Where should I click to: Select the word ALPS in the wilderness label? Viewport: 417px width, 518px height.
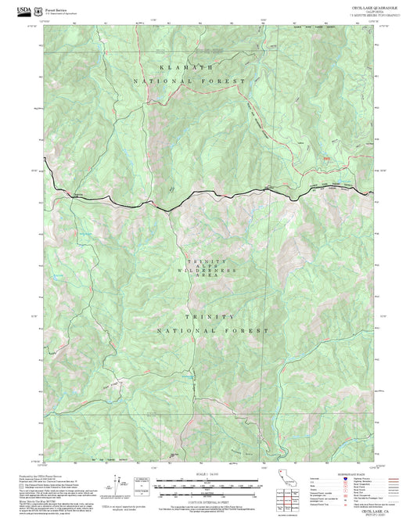point(208,267)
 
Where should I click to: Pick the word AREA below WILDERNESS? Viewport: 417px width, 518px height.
point(208,278)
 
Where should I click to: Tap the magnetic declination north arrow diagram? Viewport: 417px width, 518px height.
point(119,481)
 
